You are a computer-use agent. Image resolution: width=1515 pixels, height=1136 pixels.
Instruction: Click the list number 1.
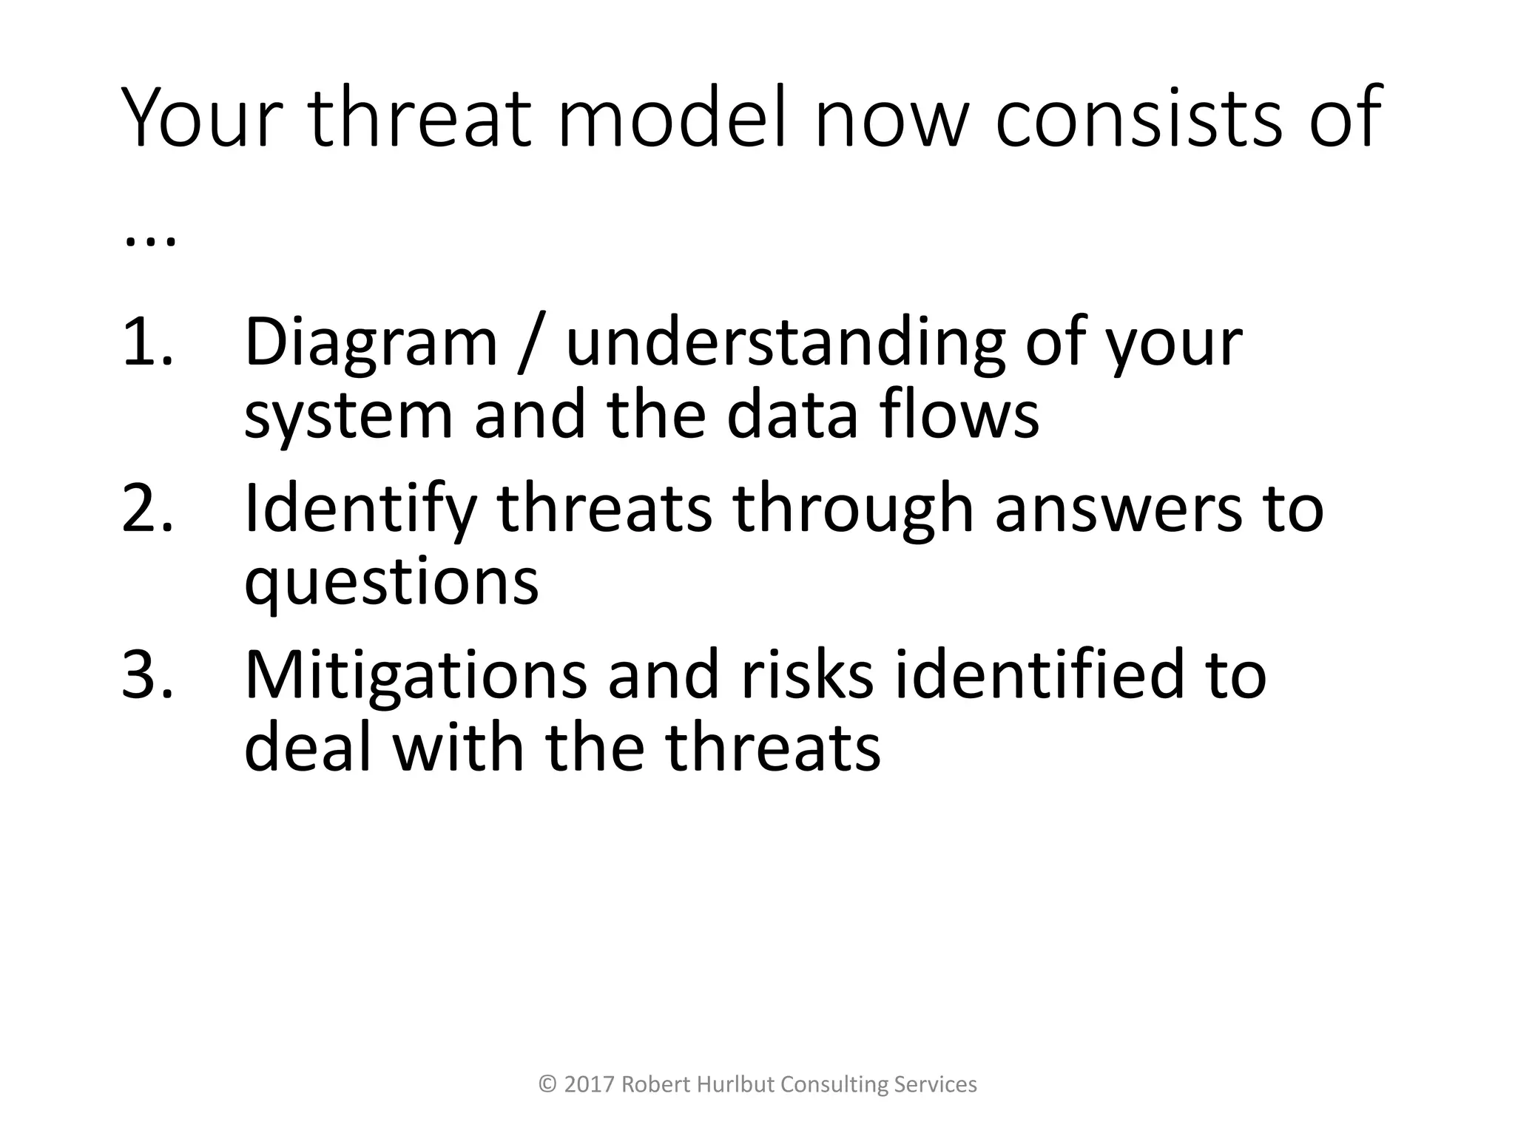(x=146, y=342)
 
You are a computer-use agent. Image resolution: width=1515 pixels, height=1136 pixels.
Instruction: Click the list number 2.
(x=146, y=508)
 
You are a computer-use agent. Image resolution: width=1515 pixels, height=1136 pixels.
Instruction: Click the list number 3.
(x=146, y=674)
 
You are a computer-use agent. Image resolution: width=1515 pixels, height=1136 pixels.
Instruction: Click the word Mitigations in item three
(x=415, y=674)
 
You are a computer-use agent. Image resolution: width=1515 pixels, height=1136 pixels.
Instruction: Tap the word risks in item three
(x=806, y=674)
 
